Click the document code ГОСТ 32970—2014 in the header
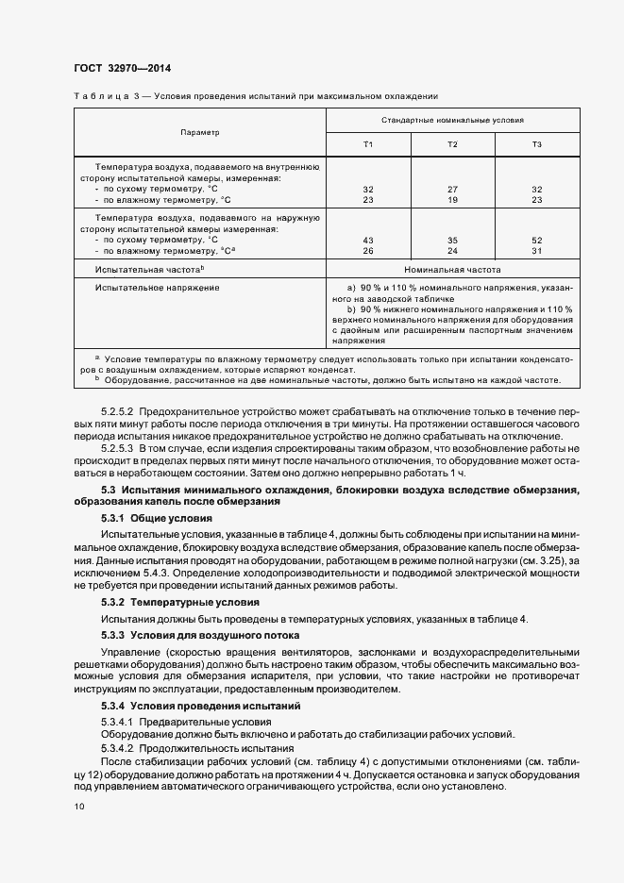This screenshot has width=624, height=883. click(122, 68)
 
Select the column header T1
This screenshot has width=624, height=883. click(368, 143)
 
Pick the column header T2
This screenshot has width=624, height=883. click(452, 143)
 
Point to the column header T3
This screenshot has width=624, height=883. click(536, 143)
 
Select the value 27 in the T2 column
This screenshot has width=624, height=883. click(452, 189)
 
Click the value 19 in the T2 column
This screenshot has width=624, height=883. click(452, 200)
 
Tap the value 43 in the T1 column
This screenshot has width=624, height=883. click(368, 240)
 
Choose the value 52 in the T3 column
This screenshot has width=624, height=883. click(536, 240)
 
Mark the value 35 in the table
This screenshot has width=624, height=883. click(452, 240)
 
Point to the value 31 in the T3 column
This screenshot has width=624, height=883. click(536, 251)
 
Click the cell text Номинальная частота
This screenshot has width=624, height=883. click(452, 269)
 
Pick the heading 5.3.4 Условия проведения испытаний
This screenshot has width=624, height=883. click(202, 706)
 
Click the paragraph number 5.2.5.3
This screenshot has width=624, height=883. click(118, 452)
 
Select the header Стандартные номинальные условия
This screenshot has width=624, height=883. click(452, 121)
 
